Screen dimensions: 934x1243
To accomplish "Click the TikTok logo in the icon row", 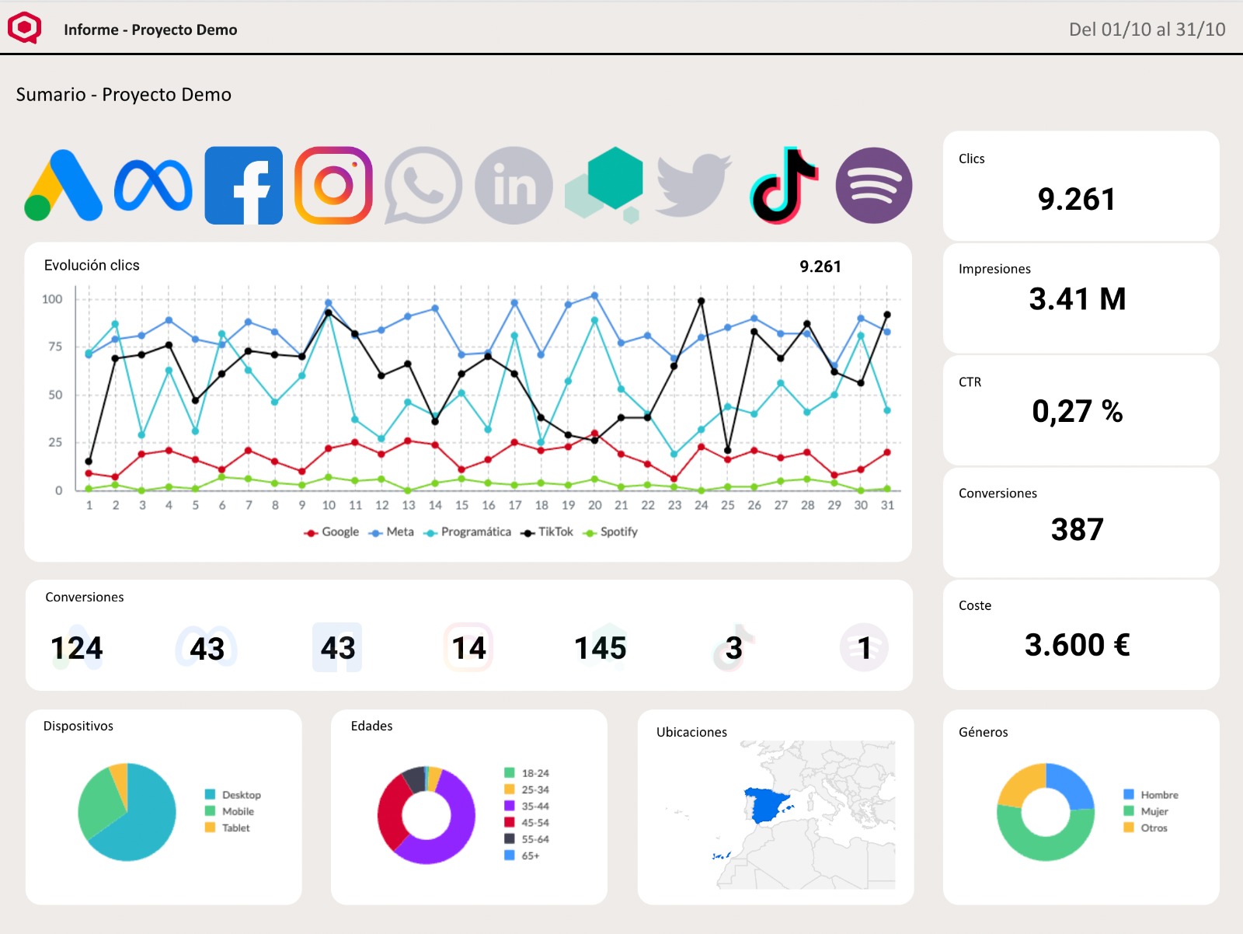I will click(783, 186).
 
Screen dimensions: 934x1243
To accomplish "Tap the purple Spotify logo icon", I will click(873, 186).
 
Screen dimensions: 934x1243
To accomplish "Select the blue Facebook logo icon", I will click(243, 186).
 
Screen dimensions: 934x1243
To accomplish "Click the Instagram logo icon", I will click(333, 186).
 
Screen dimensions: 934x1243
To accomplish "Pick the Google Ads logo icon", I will click(63, 186).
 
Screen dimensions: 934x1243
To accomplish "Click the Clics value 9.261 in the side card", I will click(1076, 200).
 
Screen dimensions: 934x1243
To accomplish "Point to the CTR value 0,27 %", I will click(1077, 411).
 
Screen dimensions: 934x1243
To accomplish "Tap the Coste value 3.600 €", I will click(1077, 645).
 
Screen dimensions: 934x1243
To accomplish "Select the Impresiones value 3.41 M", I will click(1077, 299).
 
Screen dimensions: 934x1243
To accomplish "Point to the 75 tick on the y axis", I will click(55, 347).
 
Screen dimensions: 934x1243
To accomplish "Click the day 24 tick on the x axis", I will click(701, 505).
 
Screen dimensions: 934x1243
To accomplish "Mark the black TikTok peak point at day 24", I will click(701, 301).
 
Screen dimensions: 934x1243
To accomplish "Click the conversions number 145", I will click(600, 648).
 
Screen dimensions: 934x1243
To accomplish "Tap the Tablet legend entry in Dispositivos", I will click(235, 828).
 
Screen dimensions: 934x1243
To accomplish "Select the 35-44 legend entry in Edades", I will click(534, 807).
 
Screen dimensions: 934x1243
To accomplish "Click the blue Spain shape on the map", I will click(767, 805).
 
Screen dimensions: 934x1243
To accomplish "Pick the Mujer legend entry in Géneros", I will click(1154, 811).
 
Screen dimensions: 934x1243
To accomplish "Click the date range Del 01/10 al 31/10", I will click(1147, 30).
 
